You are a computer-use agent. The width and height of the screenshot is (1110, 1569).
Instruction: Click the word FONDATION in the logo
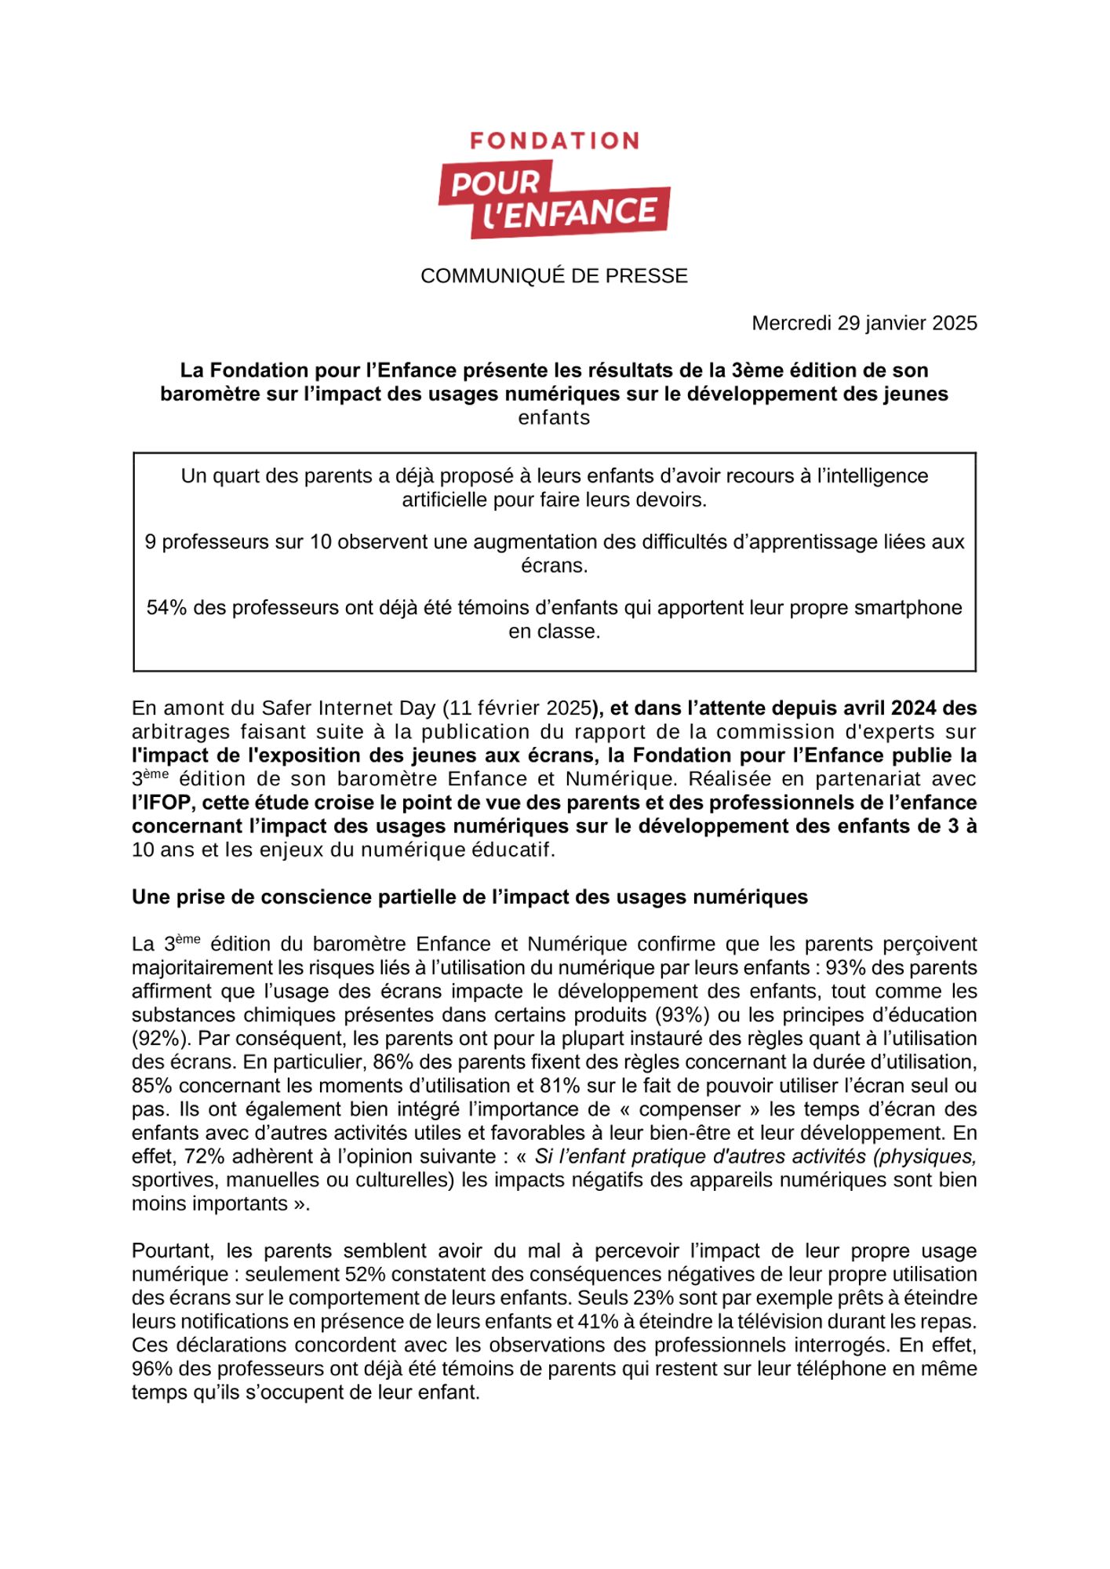(x=554, y=141)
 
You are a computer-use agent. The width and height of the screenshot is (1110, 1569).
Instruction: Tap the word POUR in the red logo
(x=496, y=184)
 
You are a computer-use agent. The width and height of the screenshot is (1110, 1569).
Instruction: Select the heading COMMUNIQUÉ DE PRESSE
(x=554, y=276)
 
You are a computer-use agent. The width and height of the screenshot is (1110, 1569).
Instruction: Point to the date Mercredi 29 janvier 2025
(x=864, y=323)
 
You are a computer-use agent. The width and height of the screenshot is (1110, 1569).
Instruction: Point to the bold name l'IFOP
(x=163, y=803)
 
